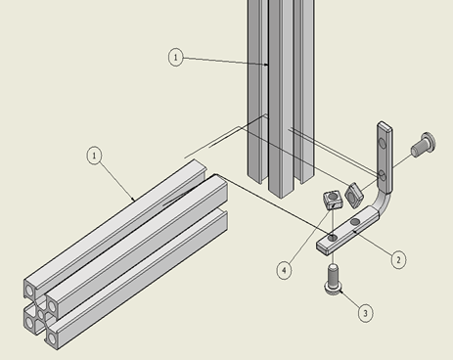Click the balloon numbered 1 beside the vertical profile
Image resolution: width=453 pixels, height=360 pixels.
175,58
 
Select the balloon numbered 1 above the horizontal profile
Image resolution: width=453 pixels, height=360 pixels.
94,155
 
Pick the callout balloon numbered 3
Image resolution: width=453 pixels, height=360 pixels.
364,313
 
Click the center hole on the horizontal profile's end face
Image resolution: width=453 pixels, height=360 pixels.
40,317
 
